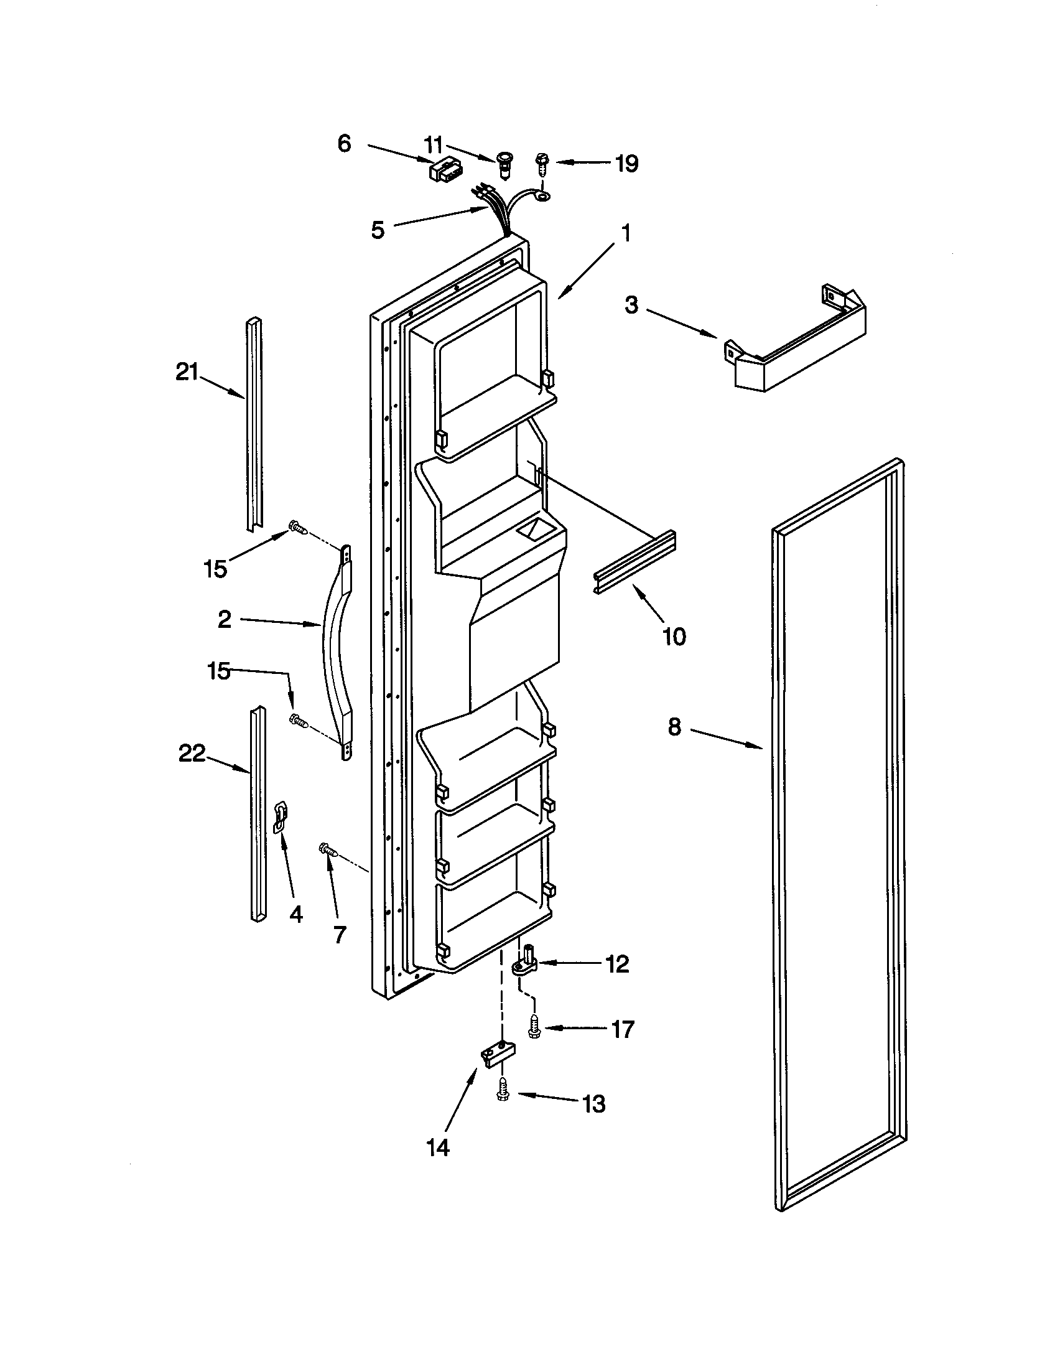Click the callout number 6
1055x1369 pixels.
(x=345, y=144)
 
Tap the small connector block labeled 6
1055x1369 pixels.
(x=445, y=171)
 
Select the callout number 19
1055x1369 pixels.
(x=626, y=164)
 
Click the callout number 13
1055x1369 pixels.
(x=594, y=1103)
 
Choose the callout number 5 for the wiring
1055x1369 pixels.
(x=377, y=230)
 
